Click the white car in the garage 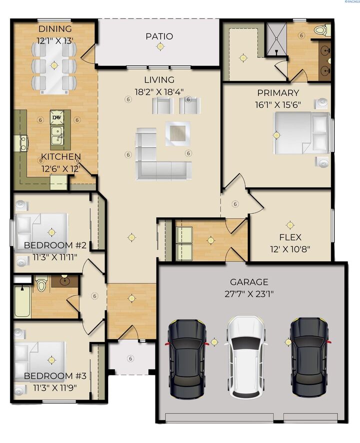(246, 356)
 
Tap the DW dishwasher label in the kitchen (55, 118)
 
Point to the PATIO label (159, 36)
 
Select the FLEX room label (290, 237)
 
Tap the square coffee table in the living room (177, 133)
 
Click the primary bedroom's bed (300, 133)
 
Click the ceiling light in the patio (160, 47)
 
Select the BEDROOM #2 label (55, 246)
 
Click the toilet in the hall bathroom (41, 284)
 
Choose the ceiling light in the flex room (290, 224)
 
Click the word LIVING (159, 80)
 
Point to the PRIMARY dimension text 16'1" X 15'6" (278, 105)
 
